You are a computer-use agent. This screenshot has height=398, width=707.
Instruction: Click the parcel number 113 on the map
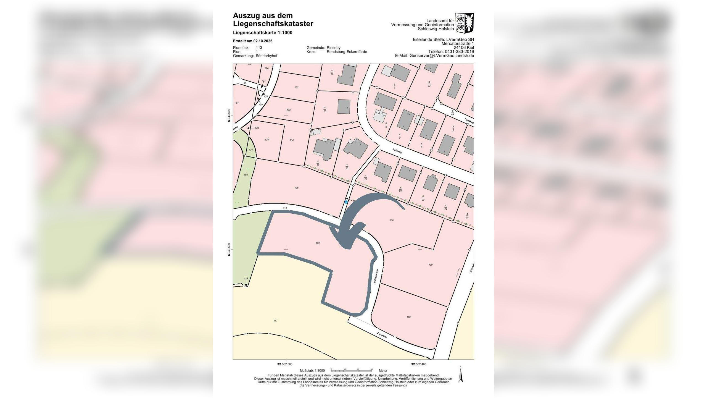click(x=318, y=243)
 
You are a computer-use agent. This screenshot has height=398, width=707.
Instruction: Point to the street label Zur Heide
click(x=382, y=335)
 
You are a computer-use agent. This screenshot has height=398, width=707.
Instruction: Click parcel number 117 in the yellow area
click(x=275, y=321)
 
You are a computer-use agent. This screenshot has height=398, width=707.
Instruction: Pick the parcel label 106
click(x=296, y=188)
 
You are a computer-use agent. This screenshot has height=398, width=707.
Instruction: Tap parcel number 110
click(x=408, y=317)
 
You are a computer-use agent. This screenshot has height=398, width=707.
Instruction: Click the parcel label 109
click(x=430, y=265)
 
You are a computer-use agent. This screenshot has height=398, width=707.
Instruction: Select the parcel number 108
click(x=391, y=220)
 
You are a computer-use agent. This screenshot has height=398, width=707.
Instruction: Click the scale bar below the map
click(x=352, y=370)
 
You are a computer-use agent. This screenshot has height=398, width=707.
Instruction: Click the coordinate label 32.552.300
click(x=284, y=364)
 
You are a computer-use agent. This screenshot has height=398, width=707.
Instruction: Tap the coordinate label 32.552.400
click(x=419, y=364)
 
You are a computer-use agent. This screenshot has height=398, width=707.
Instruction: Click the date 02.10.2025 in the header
click(x=263, y=41)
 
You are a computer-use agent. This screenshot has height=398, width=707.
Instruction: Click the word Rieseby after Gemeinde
click(x=333, y=48)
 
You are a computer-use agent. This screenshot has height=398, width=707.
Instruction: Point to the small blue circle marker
click(x=346, y=202)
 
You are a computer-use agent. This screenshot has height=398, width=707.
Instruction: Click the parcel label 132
click(x=296, y=87)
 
